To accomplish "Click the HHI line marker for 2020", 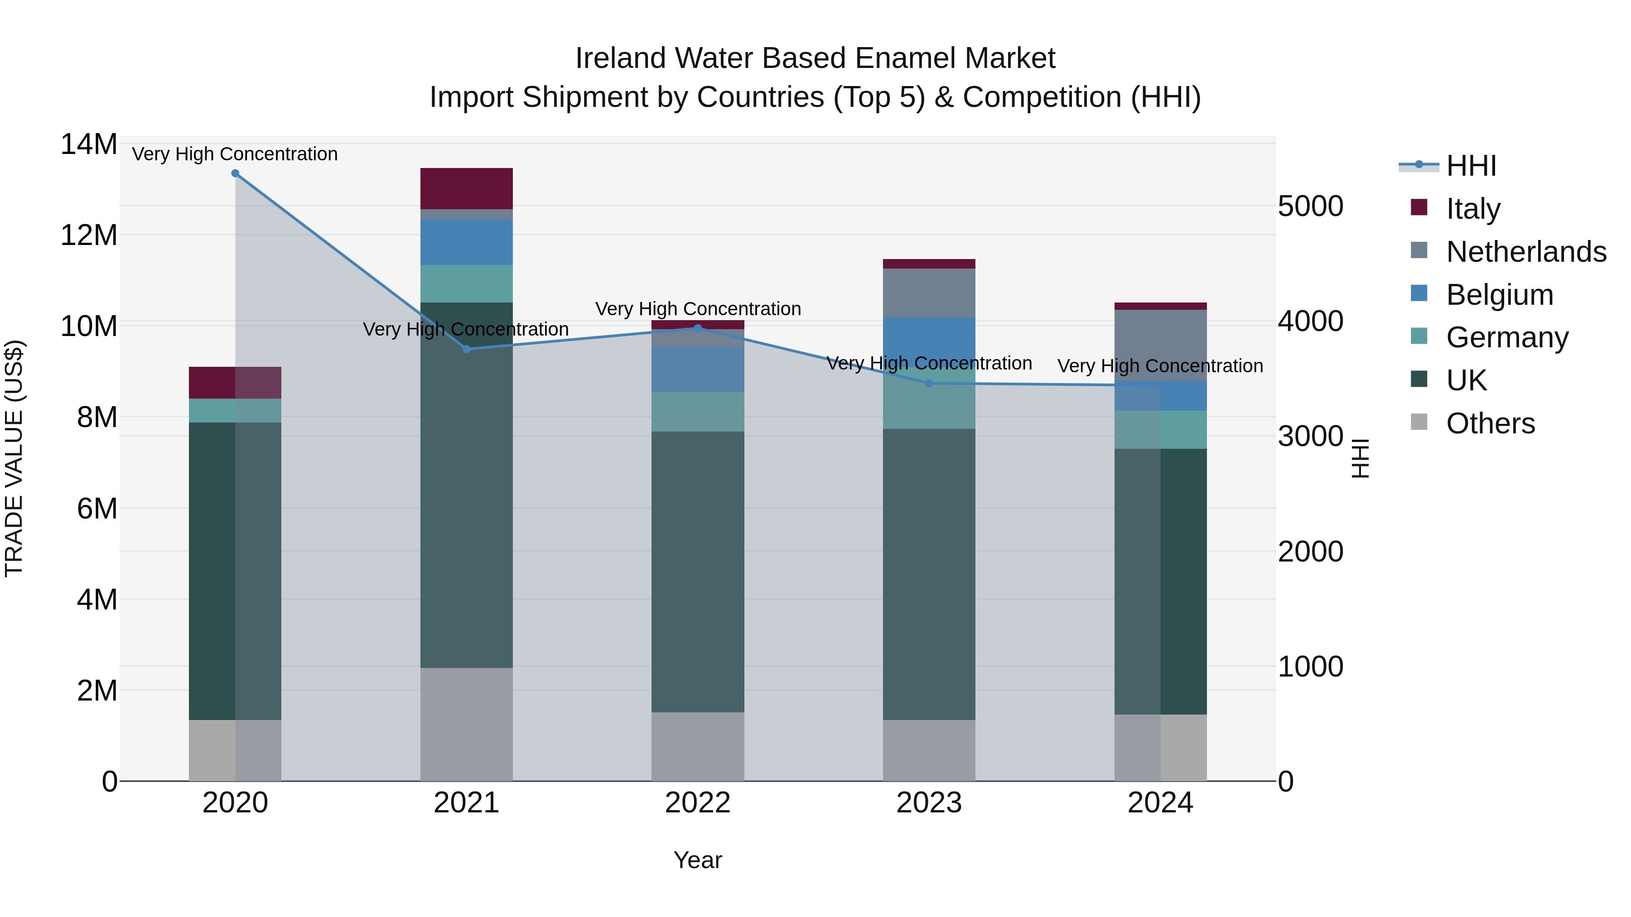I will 235,173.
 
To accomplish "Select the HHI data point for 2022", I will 698,328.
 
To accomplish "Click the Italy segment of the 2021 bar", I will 466,188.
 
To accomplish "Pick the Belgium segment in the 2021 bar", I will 466,242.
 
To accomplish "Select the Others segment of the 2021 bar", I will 466,724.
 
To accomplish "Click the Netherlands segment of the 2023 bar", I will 929,293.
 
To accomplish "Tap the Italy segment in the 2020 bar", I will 212,382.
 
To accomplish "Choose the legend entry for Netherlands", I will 1526,252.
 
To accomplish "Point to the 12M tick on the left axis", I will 89,235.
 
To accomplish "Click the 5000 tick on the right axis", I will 1310,206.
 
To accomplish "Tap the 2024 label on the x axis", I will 1160,803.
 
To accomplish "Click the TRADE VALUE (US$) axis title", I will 14,458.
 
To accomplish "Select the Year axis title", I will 697,860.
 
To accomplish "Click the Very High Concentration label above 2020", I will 235,154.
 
